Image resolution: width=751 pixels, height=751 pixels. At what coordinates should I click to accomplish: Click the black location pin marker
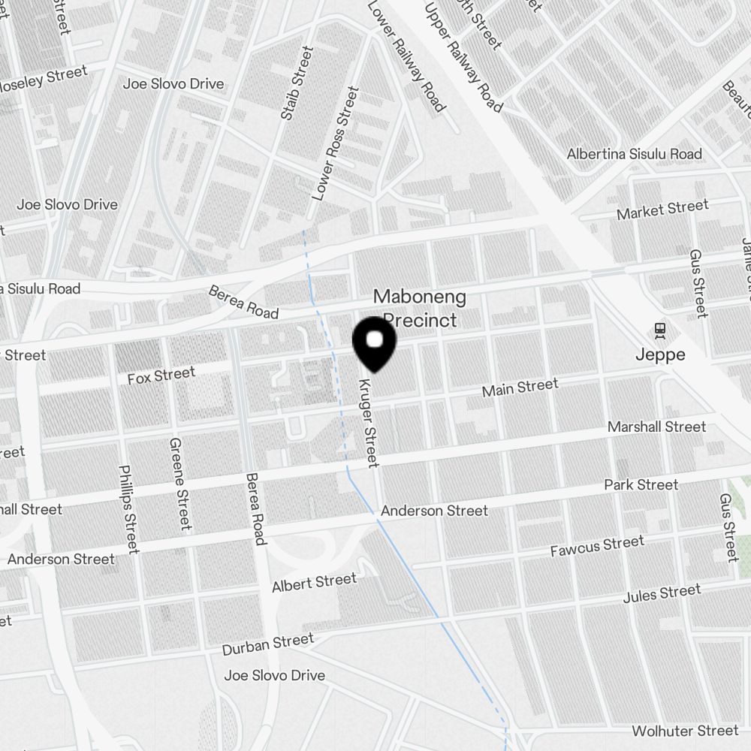[374, 344]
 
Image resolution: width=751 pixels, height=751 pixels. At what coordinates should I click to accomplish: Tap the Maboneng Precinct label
[420, 308]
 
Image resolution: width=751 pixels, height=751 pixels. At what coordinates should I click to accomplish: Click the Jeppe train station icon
[660, 330]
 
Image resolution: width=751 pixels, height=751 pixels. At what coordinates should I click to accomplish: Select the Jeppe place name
[660, 354]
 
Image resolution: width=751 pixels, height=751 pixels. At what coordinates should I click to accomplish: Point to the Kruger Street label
[368, 423]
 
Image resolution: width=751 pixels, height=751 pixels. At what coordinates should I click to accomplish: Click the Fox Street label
[161, 375]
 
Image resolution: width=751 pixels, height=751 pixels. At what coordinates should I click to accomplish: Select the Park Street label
[641, 485]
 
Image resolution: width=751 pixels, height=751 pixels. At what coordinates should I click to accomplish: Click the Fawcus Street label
[596, 546]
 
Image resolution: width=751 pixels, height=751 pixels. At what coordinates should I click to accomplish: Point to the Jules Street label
[662, 594]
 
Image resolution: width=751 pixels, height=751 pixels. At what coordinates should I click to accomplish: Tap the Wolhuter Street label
[685, 731]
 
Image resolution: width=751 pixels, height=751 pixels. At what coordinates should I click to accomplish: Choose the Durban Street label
[267, 644]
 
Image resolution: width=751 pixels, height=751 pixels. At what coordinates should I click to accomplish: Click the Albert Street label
[314, 583]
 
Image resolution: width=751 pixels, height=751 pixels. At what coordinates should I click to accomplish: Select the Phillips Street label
[128, 508]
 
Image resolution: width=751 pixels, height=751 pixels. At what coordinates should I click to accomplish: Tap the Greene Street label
[180, 484]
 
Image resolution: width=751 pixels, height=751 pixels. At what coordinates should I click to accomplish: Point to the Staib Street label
[296, 83]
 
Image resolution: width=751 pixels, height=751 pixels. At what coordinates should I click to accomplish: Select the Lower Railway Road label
[406, 56]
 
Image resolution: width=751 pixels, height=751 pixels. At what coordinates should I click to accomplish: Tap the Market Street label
[662, 210]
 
